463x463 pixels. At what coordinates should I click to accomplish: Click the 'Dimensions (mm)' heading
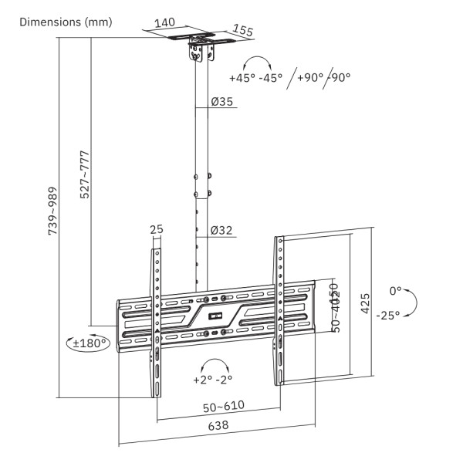click(66, 22)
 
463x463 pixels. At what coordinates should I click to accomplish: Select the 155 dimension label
click(242, 31)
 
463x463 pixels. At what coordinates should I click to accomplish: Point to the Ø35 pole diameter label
click(221, 101)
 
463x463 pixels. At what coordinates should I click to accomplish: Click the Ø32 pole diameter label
click(221, 230)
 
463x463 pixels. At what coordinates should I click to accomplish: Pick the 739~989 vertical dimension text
click(53, 209)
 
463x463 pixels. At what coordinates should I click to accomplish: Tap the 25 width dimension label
click(157, 230)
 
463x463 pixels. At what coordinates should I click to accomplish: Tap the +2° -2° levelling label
click(212, 379)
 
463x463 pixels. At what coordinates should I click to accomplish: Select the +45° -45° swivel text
click(256, 77)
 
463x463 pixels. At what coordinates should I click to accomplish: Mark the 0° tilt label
click(396, 291)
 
